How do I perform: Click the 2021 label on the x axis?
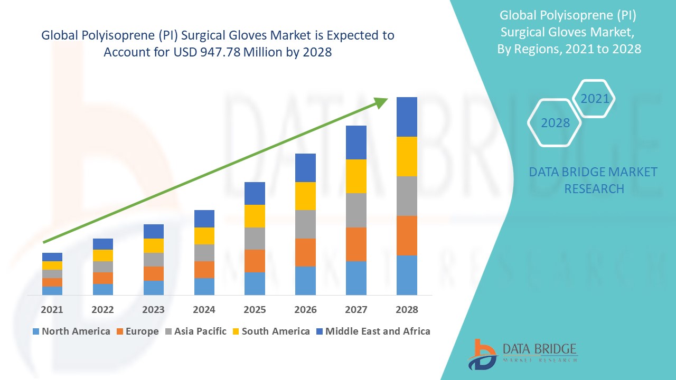click(52, 310)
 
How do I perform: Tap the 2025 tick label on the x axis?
click(255, 310)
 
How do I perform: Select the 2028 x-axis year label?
click(407, 310)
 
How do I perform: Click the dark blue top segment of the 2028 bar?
click(407, 117)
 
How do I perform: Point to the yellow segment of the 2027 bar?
click(356, 176)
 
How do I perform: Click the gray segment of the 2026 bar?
click(305, 224)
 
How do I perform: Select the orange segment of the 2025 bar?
click(255, 261)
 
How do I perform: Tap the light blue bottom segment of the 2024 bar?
click(204, 286)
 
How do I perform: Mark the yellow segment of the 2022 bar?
click(102, 255)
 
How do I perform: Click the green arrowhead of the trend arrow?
click(381, 102)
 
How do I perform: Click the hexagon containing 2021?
click(595, 99)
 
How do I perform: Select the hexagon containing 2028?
click(555, 123)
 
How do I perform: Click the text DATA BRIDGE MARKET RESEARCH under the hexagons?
click(594, 180)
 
